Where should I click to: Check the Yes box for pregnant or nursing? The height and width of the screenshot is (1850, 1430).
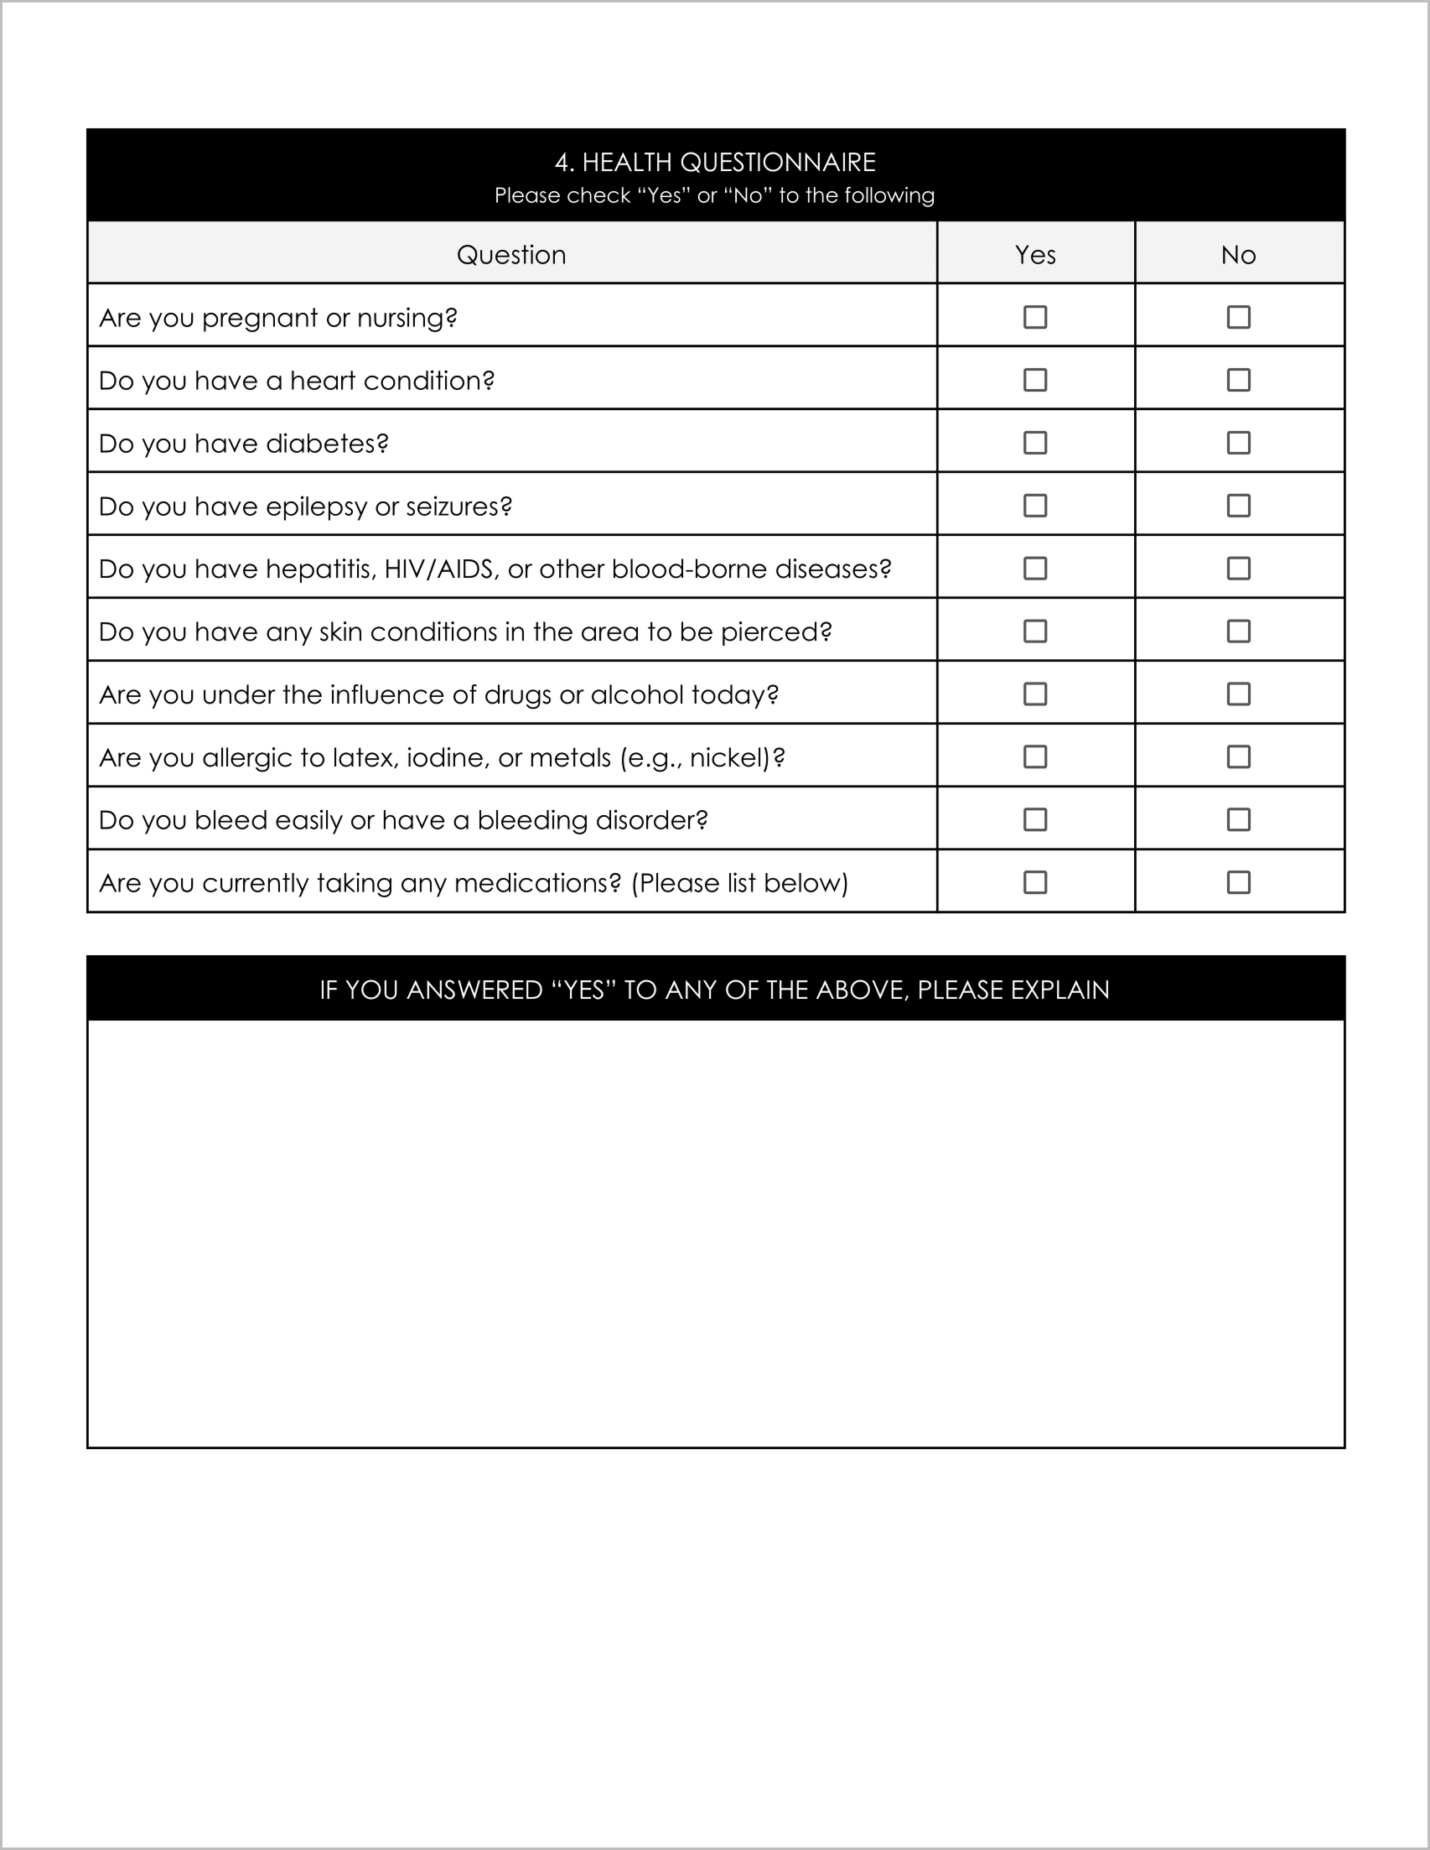tap(1034, 317)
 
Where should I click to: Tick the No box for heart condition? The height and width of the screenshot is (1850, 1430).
tap(1238, 380)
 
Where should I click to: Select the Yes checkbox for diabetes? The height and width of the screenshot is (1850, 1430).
tap(1034, 442)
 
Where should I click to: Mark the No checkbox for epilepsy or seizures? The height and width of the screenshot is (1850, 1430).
tap(1238, 506)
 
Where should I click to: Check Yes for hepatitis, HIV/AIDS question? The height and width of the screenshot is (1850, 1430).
tap(1034, 569)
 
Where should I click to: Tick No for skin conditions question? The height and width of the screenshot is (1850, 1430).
tap(1238, 631)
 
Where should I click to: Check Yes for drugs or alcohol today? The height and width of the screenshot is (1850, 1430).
tap(1034, 694)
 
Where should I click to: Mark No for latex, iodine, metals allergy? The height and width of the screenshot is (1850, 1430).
tap(1238, 756)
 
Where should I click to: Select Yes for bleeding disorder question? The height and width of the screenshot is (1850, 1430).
tap(1034, 819)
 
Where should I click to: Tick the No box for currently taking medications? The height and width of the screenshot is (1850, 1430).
tap(1238, 881)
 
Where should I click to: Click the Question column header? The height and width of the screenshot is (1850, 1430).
tap(510, 255)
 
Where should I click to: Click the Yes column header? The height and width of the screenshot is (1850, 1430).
tap(1034, 255)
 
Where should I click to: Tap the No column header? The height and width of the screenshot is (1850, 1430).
tap(1238, 255)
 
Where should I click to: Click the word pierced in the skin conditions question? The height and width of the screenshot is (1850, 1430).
tap(774, 632)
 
